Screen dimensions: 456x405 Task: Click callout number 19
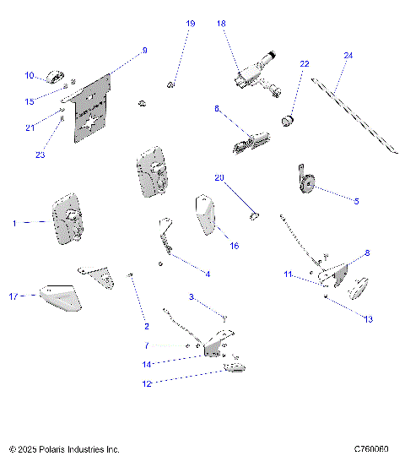pyautogui.click(x=190, y=24)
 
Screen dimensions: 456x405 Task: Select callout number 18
pyautogui.click(x=221, y=24)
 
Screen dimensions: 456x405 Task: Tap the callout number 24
pyautogui.click(x=348, y=56)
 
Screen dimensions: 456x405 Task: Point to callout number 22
pyautogui.click(x=305, y=64)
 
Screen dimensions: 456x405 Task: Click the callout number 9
pyautogui.click(x=144, y=51)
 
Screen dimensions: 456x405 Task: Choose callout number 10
pyautogui.click(x=29, y=76)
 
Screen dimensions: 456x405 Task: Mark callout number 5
pyautogui.click(x=356, y=201)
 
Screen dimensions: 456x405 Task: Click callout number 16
pyautogui.click(x=235, y=246)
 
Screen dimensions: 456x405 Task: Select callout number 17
pyautogui.click(x=13, y=296)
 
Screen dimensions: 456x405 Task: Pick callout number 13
pyautogui.click(x=368, y=319)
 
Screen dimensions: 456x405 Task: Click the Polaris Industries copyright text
pyautogui.click(x=64, y=450)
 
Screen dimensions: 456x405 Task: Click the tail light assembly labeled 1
pyautogui.click(x=67, y=222)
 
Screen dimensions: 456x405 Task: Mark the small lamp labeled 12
pyautogui.click(x=233, y=365)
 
